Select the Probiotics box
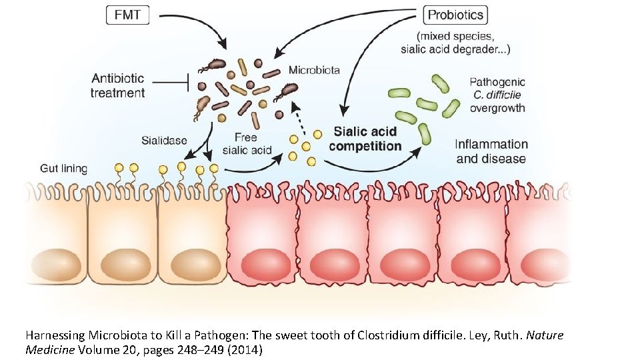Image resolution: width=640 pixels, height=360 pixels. [x=456, y=14]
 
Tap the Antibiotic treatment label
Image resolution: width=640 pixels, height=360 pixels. [x=117, y=85]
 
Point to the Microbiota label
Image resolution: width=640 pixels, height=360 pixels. [x=314, y=70]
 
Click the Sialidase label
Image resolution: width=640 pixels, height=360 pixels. [x=164, y=141]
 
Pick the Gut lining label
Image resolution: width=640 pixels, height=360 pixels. [x=64, y=168]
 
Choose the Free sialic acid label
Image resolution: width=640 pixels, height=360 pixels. [x=246, y=143]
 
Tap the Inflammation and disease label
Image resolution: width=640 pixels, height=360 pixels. [x=491, y=151]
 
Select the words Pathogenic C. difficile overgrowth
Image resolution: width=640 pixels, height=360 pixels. [x=497, y=95]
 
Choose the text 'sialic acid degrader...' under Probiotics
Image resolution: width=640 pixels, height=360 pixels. [x=455, y=49]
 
